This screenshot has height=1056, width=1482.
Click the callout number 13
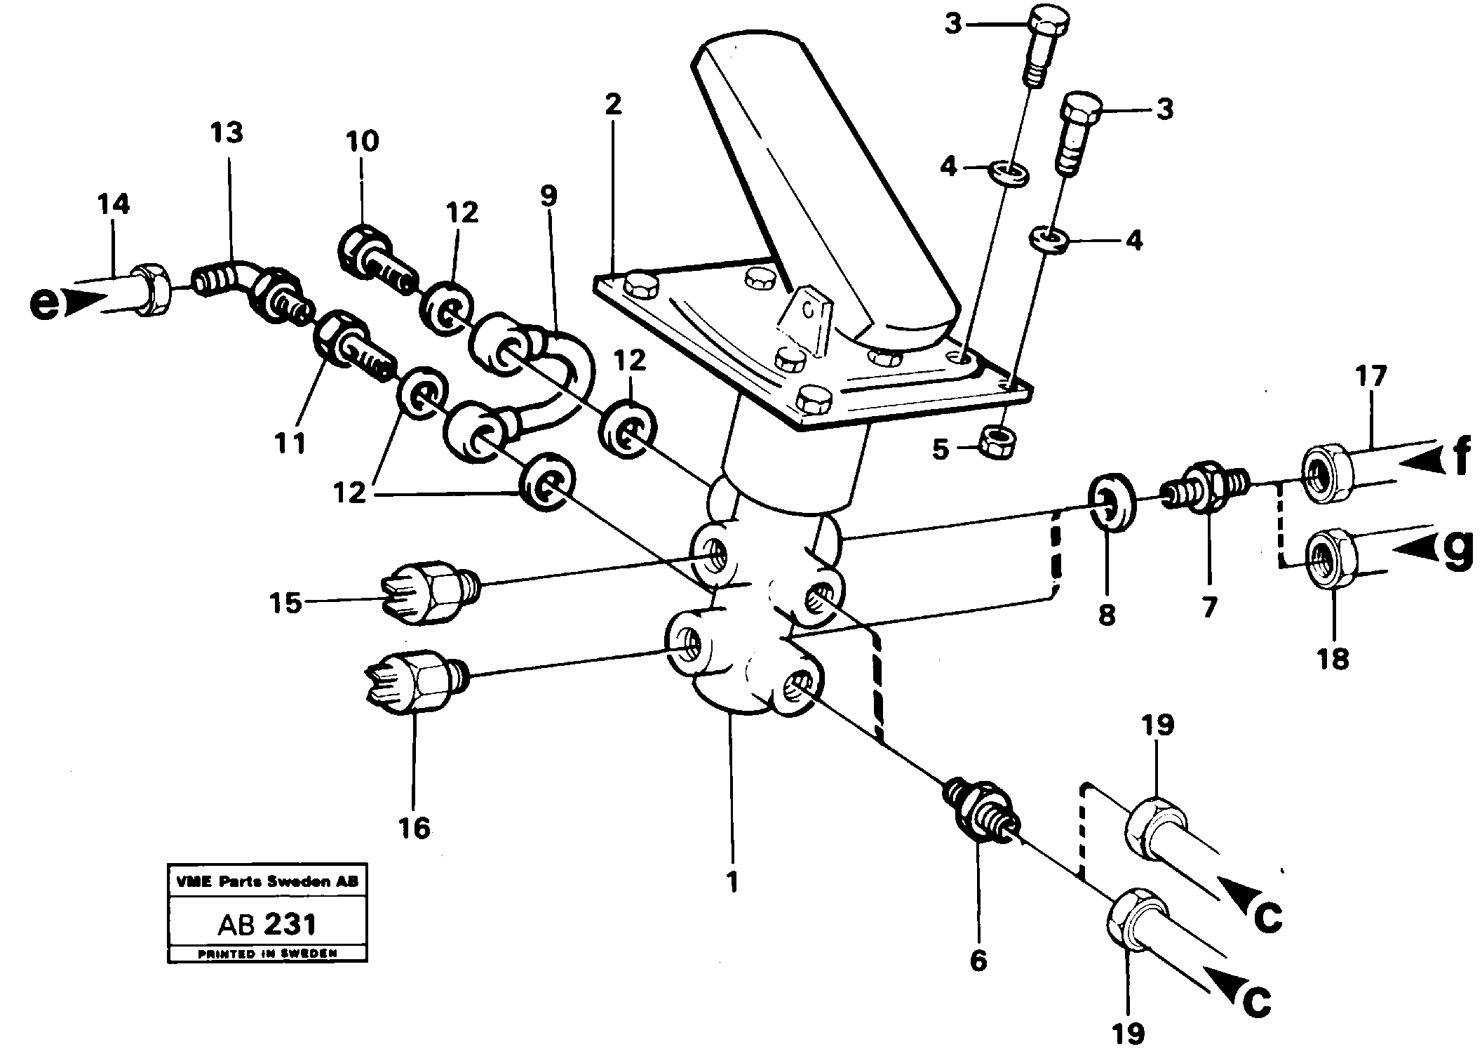[x=226, y=133]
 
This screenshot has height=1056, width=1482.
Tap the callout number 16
[x=414, y=827]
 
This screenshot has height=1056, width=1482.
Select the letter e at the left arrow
[x=44, y=306]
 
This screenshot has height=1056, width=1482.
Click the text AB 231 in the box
[x=267, y=924]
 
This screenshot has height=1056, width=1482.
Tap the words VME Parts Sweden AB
[x=267, y=881]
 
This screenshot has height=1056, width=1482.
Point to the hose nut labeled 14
[x=151, y=288]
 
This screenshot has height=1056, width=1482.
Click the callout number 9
[x=548, y=196]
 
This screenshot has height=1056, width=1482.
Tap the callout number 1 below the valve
[x=732, y=882]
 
